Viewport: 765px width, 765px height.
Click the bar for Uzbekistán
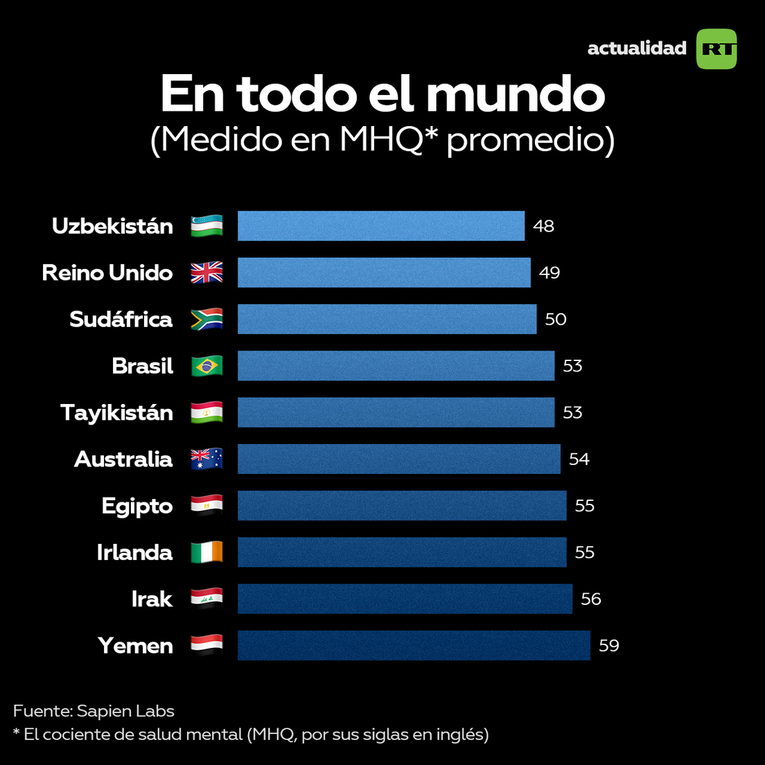point(381,226)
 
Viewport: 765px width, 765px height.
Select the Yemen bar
point(414,645)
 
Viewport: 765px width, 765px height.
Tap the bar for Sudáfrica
point(387,319)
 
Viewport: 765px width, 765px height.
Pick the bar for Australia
point(398,459)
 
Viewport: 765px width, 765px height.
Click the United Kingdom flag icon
point(207,273)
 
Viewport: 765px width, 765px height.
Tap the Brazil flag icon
point(207,366)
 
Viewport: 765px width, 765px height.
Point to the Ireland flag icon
point(207,552)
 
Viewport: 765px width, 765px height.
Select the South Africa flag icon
point(207,319)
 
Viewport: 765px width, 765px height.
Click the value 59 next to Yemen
point(609,646)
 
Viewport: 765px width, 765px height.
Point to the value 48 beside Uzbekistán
point(544,227)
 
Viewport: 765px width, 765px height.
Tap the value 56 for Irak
point(591,599)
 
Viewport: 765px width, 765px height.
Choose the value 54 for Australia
point(579,459)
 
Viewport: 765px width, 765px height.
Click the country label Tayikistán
point(116,413)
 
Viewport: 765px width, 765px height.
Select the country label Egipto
point(137,506)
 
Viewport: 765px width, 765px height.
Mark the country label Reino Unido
point(107,273)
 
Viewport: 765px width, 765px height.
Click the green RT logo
point(716,49)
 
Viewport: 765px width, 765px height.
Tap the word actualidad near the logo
point(637,49)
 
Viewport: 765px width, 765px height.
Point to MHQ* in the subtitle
point(390,139)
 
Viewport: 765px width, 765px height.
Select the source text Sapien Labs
point(125,711)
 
